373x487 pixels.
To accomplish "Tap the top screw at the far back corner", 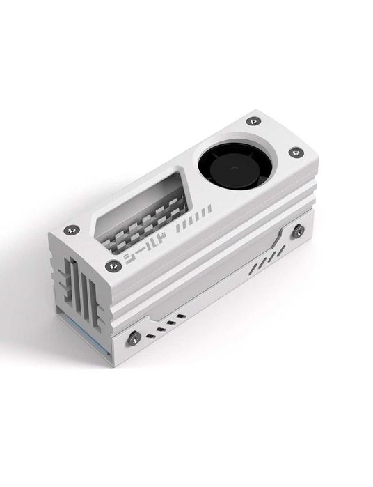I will pyautogui.click(x=253, y=121).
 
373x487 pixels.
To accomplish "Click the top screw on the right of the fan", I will pyautogui.click(x=296, y=152).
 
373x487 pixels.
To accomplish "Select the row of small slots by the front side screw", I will pyautogui.click(x=170, y=321).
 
